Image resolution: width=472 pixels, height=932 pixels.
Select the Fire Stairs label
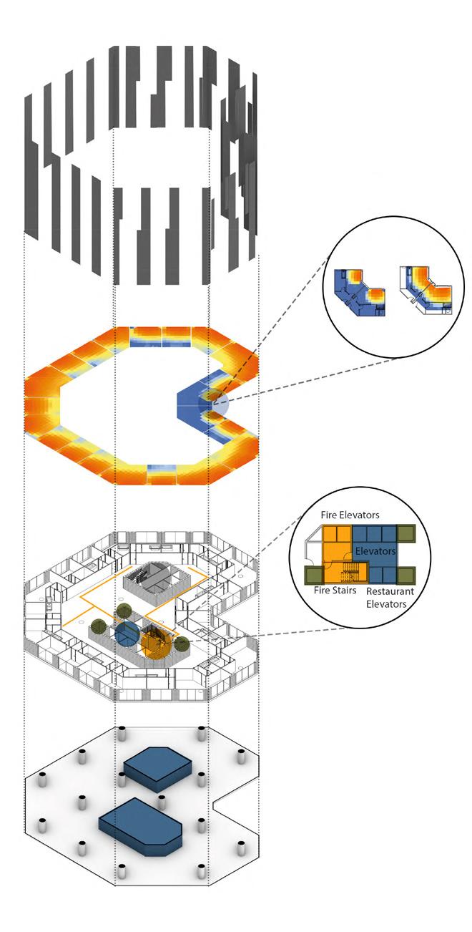pyautogui.click(x=335, y=591)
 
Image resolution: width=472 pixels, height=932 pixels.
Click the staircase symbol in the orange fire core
pyautogui.click(x=353, y=573)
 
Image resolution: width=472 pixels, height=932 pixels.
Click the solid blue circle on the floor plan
pyautogui.click(x=127, y=635)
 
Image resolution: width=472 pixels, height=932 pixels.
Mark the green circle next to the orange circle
pyautogui.click(x=182, y=642)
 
